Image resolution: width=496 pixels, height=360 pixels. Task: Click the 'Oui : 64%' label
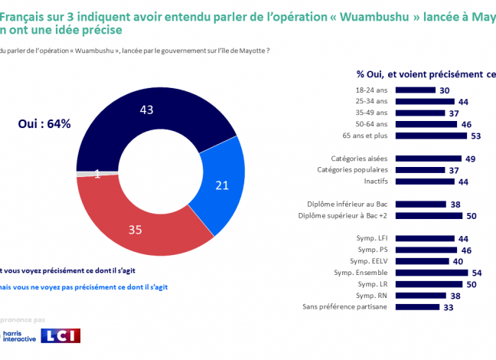coord(45,123)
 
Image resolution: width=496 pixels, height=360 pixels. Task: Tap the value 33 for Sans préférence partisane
coord(449,307)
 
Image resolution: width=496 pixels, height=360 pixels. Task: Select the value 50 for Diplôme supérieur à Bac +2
coord(472,216)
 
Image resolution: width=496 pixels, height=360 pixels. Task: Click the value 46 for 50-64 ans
coord(467,124)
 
